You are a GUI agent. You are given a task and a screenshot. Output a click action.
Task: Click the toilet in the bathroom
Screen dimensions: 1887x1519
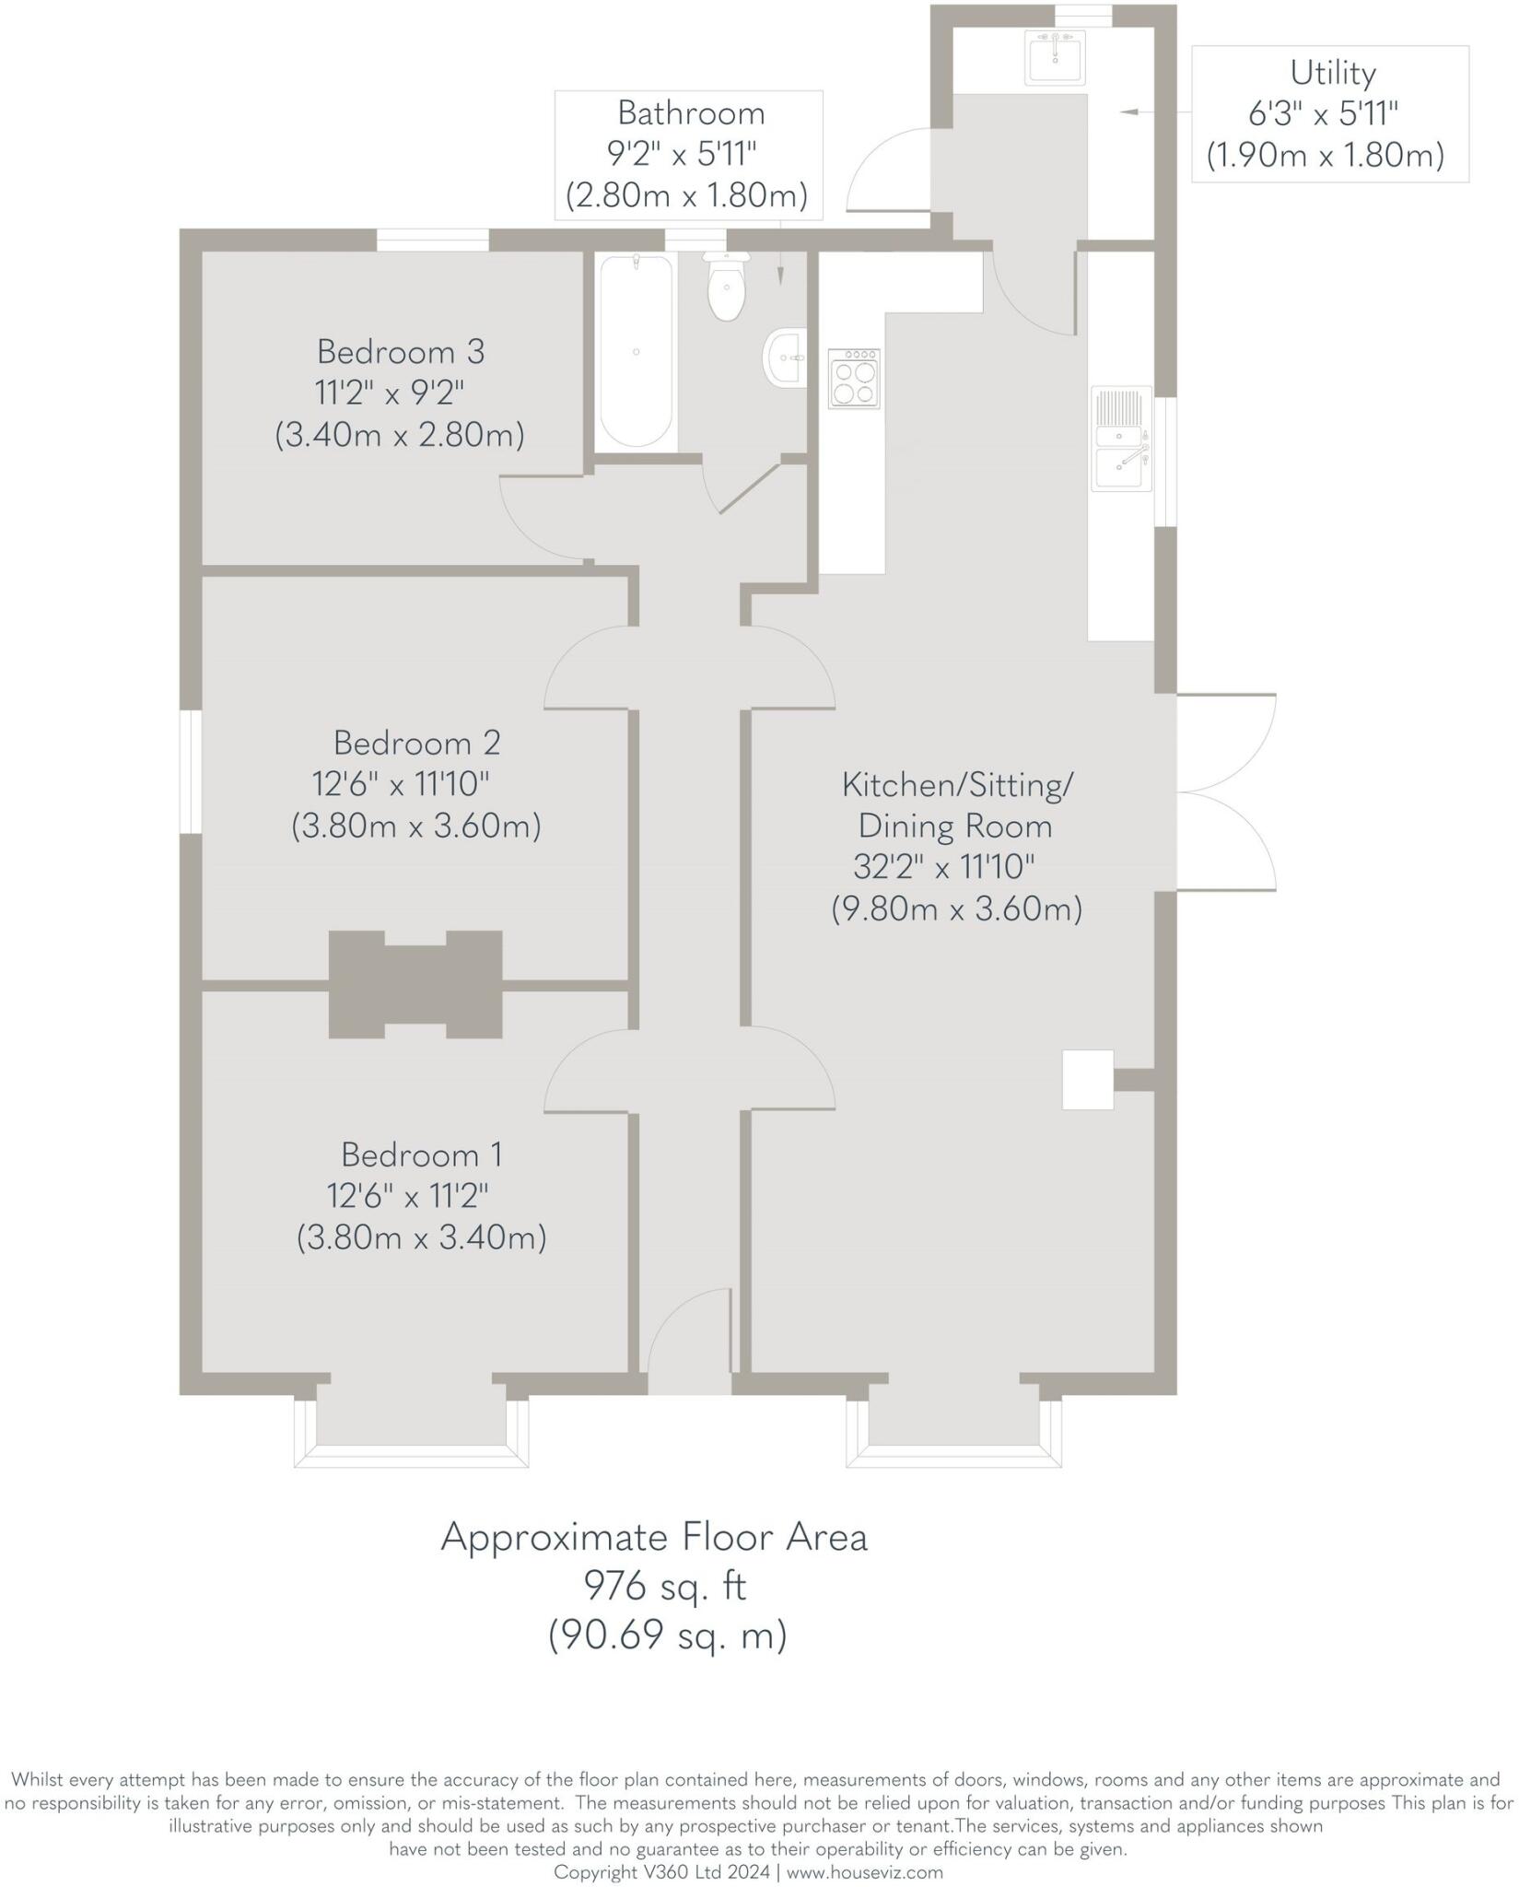click(x=727, y=288)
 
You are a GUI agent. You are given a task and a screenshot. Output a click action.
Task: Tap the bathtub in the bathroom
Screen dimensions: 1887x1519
click(x=636, y=352)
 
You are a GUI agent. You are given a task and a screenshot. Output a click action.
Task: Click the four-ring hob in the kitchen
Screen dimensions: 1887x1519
click(x=854, y=379)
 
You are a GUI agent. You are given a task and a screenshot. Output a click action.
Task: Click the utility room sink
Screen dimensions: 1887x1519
click(x=1057, y=57)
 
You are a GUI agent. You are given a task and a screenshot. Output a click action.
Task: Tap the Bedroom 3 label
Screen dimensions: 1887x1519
click(x=401, y=352)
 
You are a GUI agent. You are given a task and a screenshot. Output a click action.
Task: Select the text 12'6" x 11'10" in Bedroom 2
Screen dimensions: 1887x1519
click(x=401, y=785)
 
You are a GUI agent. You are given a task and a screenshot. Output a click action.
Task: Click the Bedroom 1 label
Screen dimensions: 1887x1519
click(x=422, y=1154)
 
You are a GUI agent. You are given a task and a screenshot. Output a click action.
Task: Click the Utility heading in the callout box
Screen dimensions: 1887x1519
click(x=1332, y=73)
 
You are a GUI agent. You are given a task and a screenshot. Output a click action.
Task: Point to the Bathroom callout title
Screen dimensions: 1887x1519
click(x=691, y=113)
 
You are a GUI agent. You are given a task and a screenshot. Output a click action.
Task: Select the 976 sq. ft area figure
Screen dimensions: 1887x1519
click(x=665, y=1587)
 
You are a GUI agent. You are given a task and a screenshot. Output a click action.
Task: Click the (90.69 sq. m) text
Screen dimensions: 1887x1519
click(x=668, y=1635)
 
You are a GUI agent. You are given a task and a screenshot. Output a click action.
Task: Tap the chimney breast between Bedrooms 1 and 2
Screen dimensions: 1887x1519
click(x=415, y=985)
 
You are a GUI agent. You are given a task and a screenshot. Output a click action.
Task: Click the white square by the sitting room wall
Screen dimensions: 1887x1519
click(x=1087, y=1079)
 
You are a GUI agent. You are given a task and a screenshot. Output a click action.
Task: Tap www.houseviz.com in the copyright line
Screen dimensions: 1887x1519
click(x=865, y=1872)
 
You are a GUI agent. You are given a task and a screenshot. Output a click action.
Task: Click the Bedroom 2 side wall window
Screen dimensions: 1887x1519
click(x=191, y=771)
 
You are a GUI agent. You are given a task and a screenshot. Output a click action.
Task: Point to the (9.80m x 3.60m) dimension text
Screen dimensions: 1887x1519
click(x=956, y=909)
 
